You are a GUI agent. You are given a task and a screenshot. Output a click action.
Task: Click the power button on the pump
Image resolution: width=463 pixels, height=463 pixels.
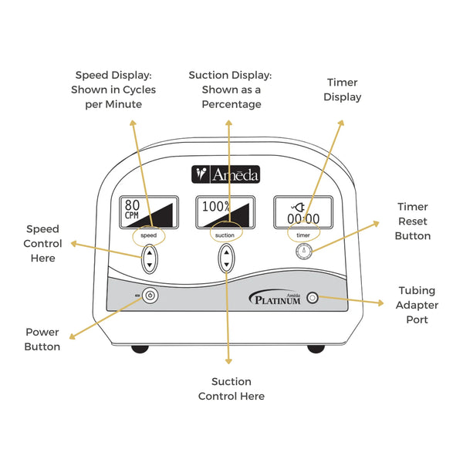[x=150, y=296]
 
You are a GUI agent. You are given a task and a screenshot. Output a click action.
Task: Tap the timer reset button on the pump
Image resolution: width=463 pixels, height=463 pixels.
[x=303, y=252]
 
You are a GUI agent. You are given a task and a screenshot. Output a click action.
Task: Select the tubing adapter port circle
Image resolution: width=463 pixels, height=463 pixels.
[x=313, y=298]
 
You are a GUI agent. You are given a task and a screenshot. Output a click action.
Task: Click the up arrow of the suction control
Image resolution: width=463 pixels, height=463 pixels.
[x=226, y=252]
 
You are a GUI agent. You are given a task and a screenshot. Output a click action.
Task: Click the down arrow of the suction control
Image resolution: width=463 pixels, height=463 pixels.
[x=226, y=265]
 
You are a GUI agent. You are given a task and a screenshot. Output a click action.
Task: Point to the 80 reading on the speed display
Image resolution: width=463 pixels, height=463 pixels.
[x=132, y=205]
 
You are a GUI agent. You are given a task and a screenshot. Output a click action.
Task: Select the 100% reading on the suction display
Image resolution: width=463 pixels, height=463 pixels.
[x=216, y=206]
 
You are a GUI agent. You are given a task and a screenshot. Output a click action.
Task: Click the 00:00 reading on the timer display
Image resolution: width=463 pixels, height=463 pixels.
[x=303, y=219]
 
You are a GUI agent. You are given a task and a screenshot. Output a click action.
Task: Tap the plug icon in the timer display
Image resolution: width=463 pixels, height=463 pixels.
[x=298, y=208]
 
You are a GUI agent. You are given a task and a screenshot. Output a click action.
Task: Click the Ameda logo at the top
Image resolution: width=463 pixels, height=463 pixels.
[x=225, y=174]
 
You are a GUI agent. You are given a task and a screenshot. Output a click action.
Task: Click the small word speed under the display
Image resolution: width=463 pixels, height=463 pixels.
[x=148, y=235]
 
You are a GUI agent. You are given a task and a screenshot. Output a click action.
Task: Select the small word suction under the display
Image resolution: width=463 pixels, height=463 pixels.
[x=225, y=235]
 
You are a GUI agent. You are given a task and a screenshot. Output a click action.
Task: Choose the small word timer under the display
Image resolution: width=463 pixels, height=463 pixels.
[x=303, y=235]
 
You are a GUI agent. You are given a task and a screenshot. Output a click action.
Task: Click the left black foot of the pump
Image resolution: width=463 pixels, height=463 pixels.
[x=140, y=349]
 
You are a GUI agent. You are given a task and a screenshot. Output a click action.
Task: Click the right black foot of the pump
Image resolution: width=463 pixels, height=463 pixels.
[x=316, y=349]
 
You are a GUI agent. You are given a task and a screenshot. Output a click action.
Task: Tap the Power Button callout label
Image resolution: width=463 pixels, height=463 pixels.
[x=42, y=340]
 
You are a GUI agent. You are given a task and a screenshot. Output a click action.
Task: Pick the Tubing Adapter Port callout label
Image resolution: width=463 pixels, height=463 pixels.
[x=417, y=305]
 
